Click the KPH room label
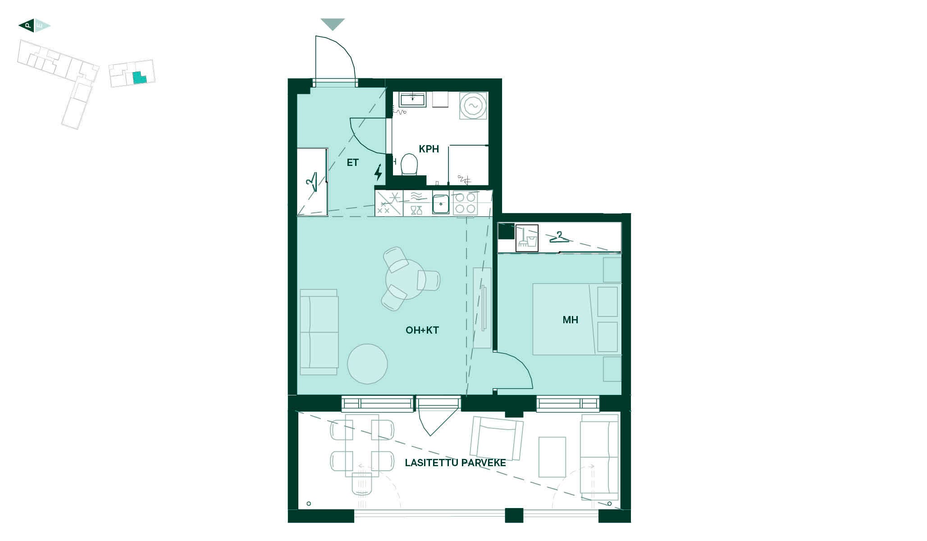pyautogui.click(x=429, y=149)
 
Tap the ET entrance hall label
pyautogui.click(x=352, y=163)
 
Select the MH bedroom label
pyautogui.click(x=570, y=320)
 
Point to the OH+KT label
pyautogui.click(x=422, y=330)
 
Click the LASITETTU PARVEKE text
pyautogui.click(x=455, y=463)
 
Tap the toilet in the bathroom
pyautogui.click(x=409, y=164)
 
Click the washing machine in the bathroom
pyautogui.click(x=473, y=106)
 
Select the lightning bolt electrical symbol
pyautogui.click(x=379, y=172)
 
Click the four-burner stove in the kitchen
pyautogui.click(x=465, y=203)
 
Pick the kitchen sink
pyautogui.click(x=440, y=204)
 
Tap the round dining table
pyautogui.click(x=405, y=280)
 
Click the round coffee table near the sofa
pyautogui.click(x=367, y=364)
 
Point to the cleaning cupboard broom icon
pyautogui.click(x=527, y=238)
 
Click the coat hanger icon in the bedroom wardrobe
pyautogui.click(x=559, y=237)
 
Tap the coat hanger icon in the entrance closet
pyautogui.click(x=311, y=183)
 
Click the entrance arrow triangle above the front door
pyautogui.click(x=333, y=24)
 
